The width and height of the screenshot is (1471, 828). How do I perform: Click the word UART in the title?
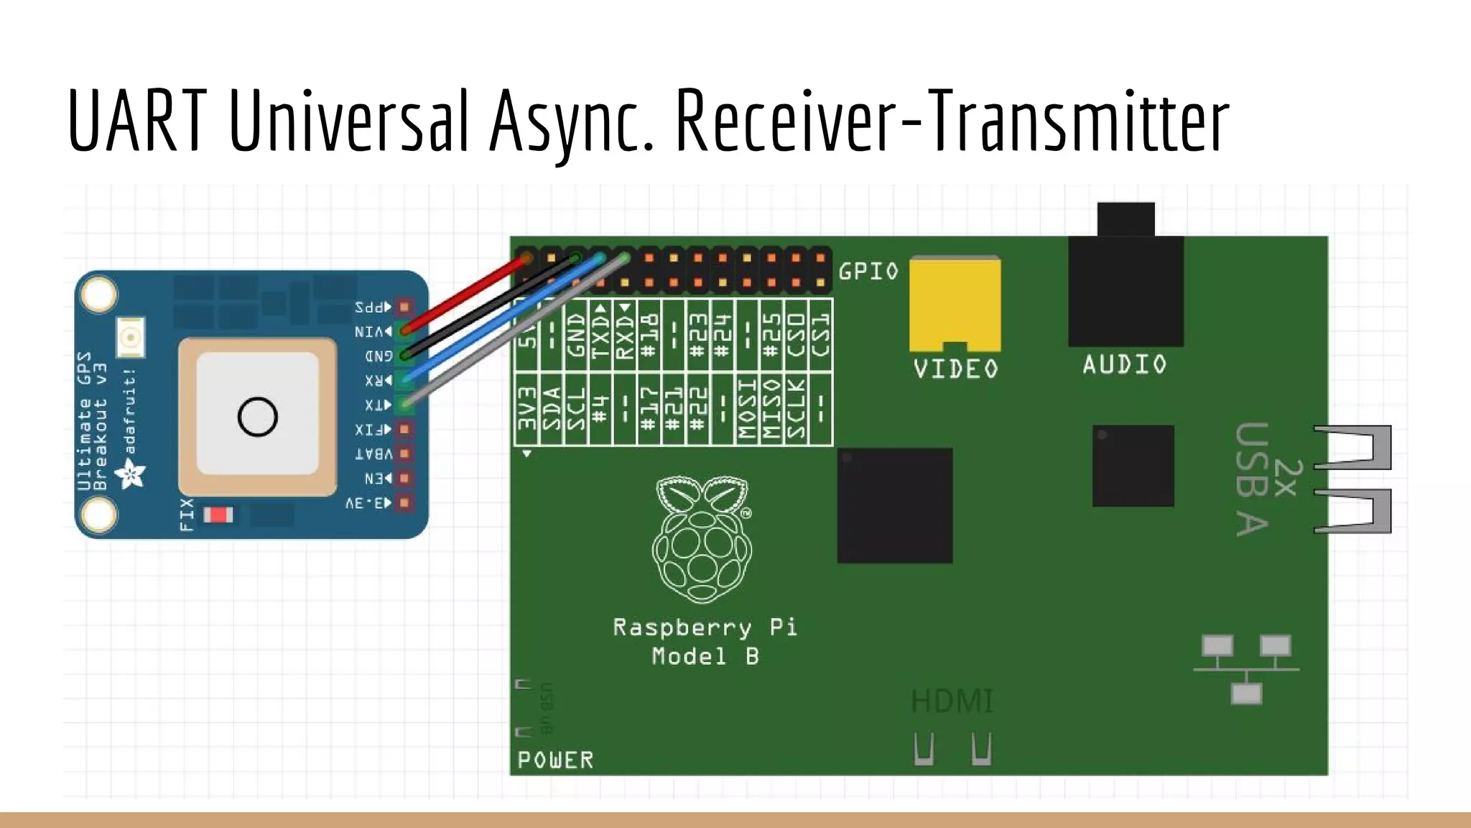pyautogui.click(x=136, y=121)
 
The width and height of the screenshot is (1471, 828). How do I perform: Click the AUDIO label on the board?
pyautogui.click(x=1125, y=364)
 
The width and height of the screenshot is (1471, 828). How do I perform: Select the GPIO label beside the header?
pyautogui.click(x=868, y=272)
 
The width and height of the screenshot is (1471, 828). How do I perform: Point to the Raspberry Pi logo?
pyautogui.click(x=702, y=539)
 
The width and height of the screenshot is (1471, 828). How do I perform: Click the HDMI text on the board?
pyautogui.click(x=952, y=701)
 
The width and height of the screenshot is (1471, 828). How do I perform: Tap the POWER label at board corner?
pyautogui.click(x=555, y=760)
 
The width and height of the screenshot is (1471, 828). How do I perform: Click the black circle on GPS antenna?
pyautogui.click(x=257, y=417)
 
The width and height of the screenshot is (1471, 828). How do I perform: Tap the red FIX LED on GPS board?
pyautogui.click(x=218, y=515)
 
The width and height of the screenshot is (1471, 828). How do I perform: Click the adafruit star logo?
pyautogui.click(x=131, y=474)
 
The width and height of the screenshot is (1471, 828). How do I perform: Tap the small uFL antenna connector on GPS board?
pyautogui.click(x=131, y=337)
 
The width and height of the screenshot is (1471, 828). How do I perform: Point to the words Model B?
pyautogui.click(x=705, y=656)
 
